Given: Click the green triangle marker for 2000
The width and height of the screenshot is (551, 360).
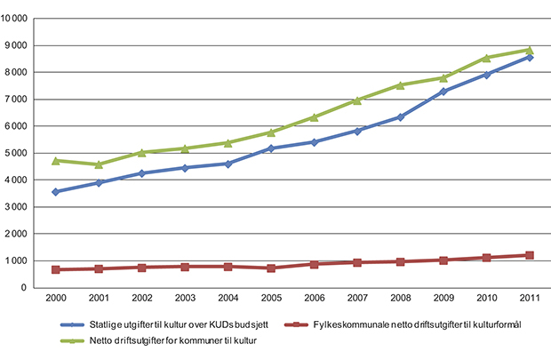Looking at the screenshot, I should (x=56, y=161).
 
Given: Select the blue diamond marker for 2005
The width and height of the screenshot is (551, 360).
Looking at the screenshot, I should (x=271, y=148).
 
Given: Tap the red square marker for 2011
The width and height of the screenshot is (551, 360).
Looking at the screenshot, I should (x=530, y=255).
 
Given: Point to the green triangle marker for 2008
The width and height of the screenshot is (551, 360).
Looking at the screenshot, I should (x=401, y=85).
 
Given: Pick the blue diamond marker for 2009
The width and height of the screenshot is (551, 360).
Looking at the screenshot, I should (x=443, y=92).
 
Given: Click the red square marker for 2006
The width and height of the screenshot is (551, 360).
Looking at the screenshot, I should (x=315, y=264).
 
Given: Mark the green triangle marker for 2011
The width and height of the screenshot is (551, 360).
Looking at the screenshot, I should (x=530, y=50).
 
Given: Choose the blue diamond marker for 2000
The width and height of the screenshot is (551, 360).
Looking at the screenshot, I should (x=56, y=192).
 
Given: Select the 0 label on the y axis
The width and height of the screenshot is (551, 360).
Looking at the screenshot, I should (x=28, y=288).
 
